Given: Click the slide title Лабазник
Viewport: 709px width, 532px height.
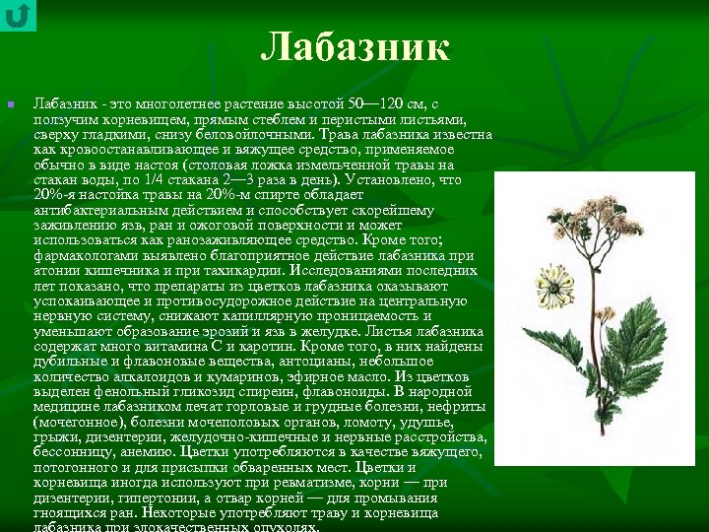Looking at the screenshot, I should click(355, 46).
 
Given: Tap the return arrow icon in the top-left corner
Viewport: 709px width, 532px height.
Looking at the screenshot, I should click(17, 16).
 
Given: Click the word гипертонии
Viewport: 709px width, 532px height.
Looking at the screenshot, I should click(144, 498).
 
